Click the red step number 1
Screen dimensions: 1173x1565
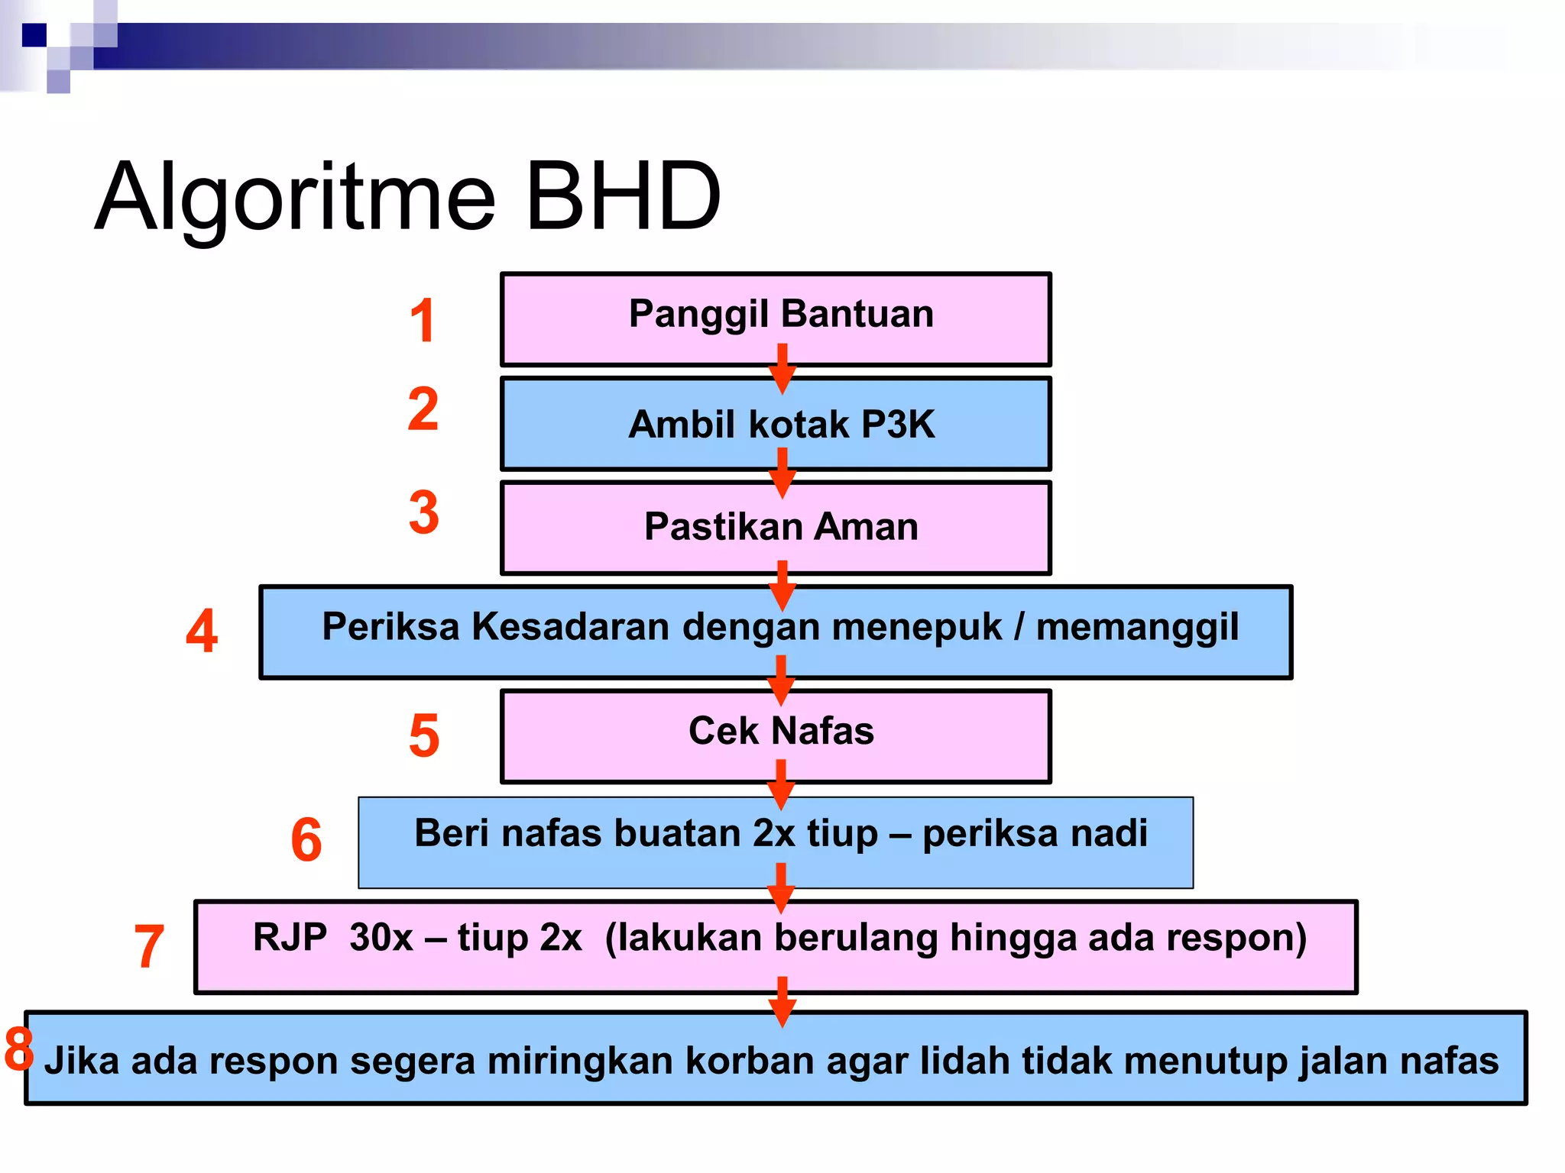pyautogui.click(x=423, y=320)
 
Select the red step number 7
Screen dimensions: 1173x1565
pyautogui.click(x=149, y=945)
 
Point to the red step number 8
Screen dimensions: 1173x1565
pyautogui.click(x=18, y=1049)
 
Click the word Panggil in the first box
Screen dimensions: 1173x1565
pyautogui.click(x=698, y=315)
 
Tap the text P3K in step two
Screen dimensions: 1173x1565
pyautogui.click(x=898, y=425)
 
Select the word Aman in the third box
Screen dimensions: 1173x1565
pyautogui.click(x=867, y=527)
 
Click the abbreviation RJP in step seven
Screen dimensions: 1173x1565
pyautogui.click(x=290, y=937)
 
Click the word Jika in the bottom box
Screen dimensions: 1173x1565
pyautogui.click(x=81, y=1061)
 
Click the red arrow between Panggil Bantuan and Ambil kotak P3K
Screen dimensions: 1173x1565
pyautogui.click(x=782, y=369)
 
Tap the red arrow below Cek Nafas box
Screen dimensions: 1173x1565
pyautogui.click(x=780, y=784)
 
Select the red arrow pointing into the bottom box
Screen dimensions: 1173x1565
pyautogui.click(x=782, y=1002)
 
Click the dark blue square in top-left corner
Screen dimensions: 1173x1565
pyautogui.click(x=34, y=35)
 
